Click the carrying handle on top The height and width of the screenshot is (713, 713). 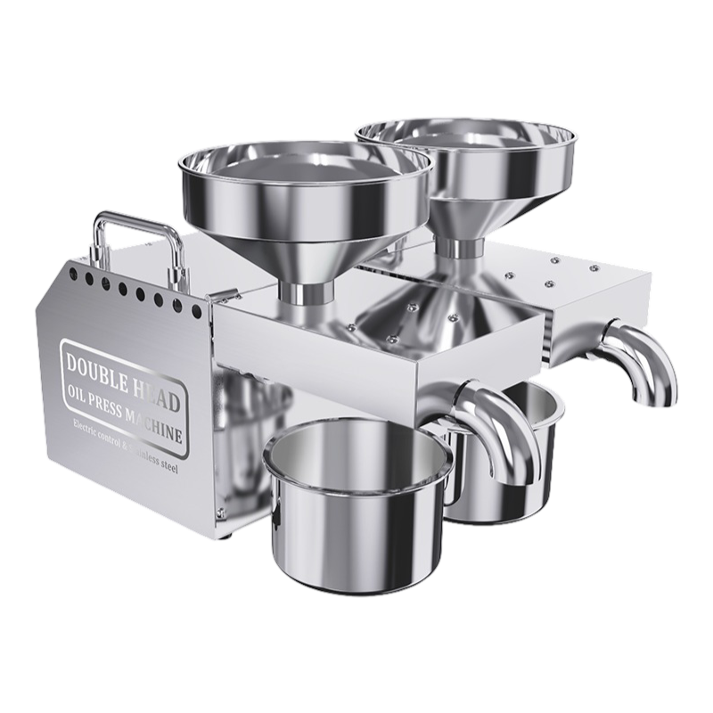tap(134, 220)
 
